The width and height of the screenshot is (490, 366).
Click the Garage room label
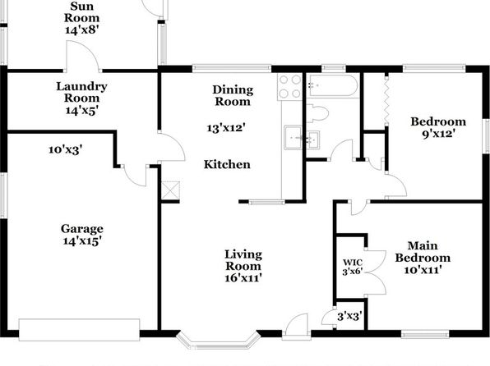tap(82, 229)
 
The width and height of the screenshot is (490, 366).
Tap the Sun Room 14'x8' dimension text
tap(82, 30)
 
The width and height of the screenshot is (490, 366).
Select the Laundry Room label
tap(81, 92)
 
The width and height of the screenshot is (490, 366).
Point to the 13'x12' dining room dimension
tap(226, 128)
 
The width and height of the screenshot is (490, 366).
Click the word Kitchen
tap(227, 164)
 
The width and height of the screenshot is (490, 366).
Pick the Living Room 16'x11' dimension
tap(243, 277)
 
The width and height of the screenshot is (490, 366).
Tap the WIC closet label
tap(353, 263)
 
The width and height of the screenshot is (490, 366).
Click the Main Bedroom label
tap(423, 252)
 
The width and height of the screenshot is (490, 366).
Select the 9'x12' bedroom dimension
tap(438, 134)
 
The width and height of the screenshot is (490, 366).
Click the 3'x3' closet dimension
tap(349, 317)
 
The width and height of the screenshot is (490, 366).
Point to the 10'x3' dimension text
tap(65, 150)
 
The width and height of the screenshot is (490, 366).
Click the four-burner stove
tap(289, 87)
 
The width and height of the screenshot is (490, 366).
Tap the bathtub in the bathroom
tap(333, 85)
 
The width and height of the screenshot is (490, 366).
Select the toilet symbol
tap(317, 113)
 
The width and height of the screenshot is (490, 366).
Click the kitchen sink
tap(293, 137)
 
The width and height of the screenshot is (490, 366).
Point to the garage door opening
tap(80, 330)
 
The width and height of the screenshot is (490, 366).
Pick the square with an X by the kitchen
tap(171, 190)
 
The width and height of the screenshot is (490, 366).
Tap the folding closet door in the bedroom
tap(386, 102)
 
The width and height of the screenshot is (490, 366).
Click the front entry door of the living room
tap(297, 327)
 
